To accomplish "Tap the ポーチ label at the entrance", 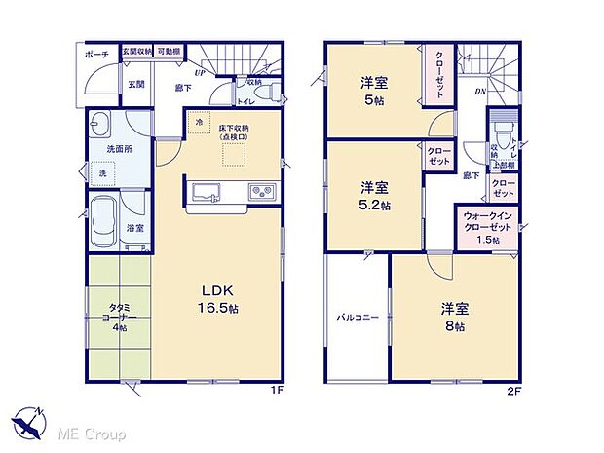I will [x=95, y=56].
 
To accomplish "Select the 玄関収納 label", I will [x=135, y=51].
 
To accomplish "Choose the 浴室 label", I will [x=136, y=228].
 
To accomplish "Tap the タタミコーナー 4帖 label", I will [x=118, y=319].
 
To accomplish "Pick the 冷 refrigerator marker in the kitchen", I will [x=199, y=123].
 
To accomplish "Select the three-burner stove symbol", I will [x=260, y=189].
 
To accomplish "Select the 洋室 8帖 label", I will [x=454, y=317].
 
